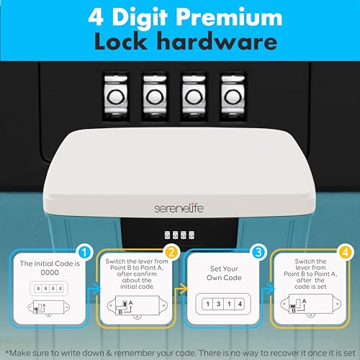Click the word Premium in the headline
230,18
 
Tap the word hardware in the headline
218,41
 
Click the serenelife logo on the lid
179,208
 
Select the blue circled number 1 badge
84,252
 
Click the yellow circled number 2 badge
171,252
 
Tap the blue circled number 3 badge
258,252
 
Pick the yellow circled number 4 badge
345,252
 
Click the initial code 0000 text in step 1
50,273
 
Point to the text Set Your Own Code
224,273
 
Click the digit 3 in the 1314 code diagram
218,304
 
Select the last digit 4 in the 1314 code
240,304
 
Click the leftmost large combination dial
116,96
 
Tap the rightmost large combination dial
233,96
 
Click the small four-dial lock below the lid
179,235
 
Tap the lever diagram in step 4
311,305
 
